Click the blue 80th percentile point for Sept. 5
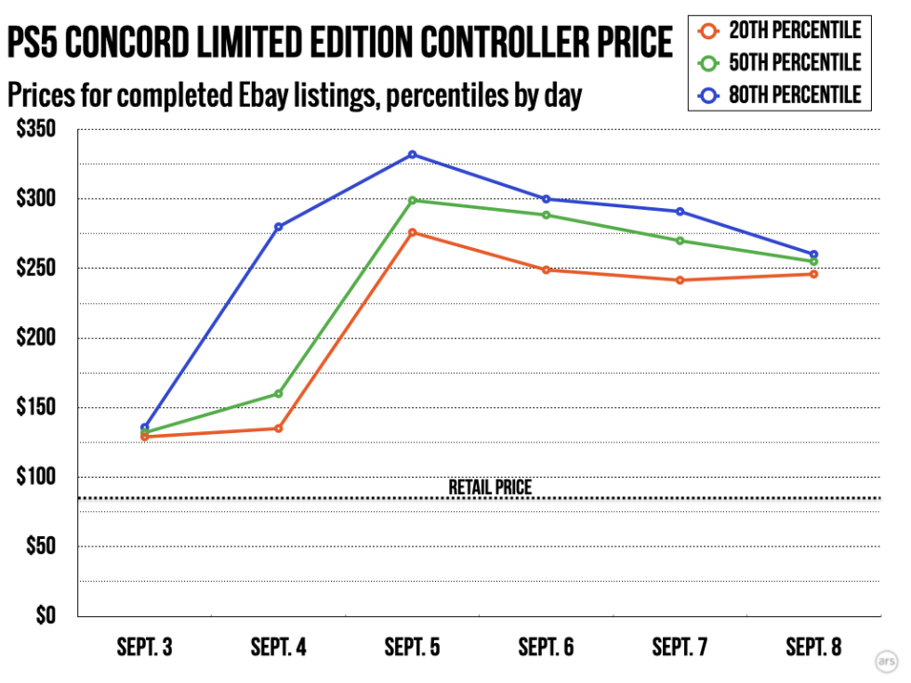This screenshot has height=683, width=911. pyautogui.click(x=413, y=154)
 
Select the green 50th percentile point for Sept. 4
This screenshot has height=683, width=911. pyautogui.click(x=278, y=393)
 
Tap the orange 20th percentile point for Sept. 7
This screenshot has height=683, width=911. pyautogui.click(x=680, y=280)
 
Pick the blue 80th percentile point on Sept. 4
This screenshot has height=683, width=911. pyautogui.click(x=278, y=227)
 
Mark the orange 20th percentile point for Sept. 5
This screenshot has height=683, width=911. pyautogui.click(x=413, y=232)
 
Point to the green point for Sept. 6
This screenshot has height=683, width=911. pyautogui.click(x=547, y=215)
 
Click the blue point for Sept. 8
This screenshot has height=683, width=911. pyautogui.click(x=814, y=254)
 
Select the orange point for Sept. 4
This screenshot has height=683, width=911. pyautogui.click(x=278, y=428)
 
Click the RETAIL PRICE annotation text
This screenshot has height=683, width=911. pyautogui.click(x=490, y=486)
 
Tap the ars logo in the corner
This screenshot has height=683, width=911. pyautogui.click(x=886, y=662)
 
